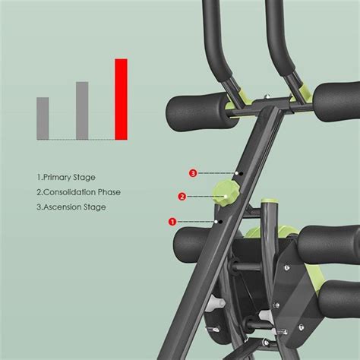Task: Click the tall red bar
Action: click(121, 99)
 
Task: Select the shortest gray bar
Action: click(43, 118)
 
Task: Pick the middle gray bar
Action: click(82, 110)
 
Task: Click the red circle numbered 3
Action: click(193, 173)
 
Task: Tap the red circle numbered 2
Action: click(182, 197)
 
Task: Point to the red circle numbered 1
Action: click(172, 221)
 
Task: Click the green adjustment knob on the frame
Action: click(226, 193)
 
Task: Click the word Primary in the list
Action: click(59, 178)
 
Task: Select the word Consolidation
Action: click(73, 192)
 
